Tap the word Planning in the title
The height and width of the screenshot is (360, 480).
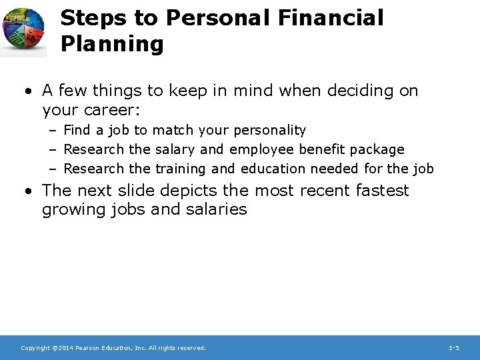click(111, 45)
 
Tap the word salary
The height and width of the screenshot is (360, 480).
click(175, 149)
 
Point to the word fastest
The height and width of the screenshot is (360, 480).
click(382, 191)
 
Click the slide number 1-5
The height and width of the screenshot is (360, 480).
click(453, 348)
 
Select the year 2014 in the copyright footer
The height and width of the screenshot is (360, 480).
click(65, 348)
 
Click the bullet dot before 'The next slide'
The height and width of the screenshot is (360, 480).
click(29, 191)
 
